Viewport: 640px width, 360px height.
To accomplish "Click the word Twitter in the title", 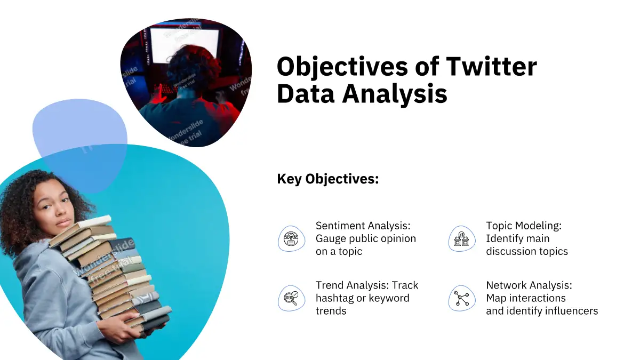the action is [491, 66].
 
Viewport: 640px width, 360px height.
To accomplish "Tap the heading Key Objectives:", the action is [327, 179].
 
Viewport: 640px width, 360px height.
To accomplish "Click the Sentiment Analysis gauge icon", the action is [291, 238].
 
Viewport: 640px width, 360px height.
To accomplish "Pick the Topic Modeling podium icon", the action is [462, 238].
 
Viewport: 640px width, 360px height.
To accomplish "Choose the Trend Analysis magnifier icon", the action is [291, 298].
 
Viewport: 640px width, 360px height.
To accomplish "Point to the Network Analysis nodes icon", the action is [462, 298].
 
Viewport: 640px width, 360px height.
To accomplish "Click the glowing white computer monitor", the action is [185, 46].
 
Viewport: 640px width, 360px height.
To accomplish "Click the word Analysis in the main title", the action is [394, 94].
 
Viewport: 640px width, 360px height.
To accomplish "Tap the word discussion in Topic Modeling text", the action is [507, 251].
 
